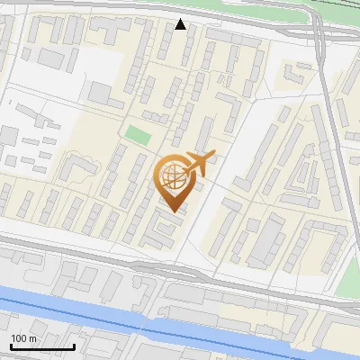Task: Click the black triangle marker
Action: (181, 24)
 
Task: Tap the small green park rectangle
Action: (137, 135)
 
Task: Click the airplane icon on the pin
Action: (200, 163)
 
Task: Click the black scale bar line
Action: (42, 346)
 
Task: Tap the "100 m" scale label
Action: (24, 338)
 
